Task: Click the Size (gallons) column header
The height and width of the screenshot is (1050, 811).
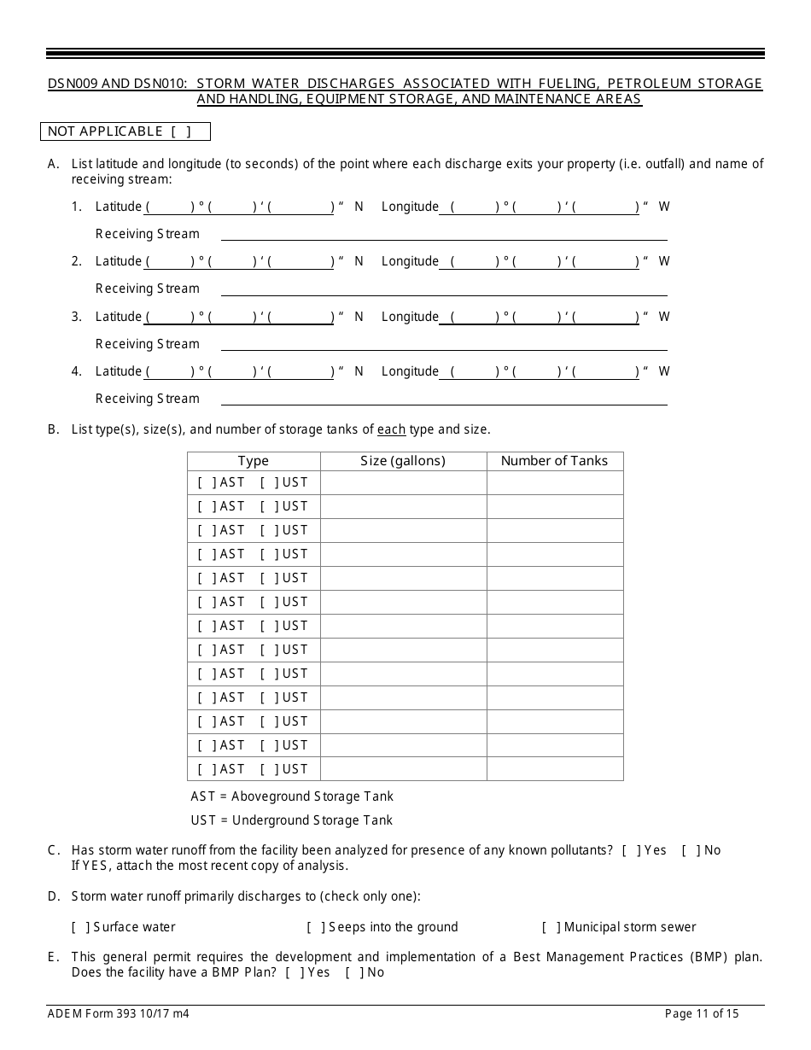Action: pos(403,461)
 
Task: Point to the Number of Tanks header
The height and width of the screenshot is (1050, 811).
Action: pos(554,461)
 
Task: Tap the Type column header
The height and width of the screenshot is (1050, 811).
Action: pos(254,461)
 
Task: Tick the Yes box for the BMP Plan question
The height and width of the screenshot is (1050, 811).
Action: pos(295,972)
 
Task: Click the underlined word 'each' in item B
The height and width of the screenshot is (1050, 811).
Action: pos(391,429)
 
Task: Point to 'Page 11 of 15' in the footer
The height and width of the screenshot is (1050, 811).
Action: pos(702,1014)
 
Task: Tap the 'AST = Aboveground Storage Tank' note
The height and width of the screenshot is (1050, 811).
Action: pos(292,796)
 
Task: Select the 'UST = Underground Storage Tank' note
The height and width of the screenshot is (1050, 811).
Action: pos(292,820)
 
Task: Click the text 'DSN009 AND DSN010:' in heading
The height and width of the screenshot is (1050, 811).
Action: pos(118,84)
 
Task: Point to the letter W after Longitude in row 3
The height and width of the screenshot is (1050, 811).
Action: pos(664,317)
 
